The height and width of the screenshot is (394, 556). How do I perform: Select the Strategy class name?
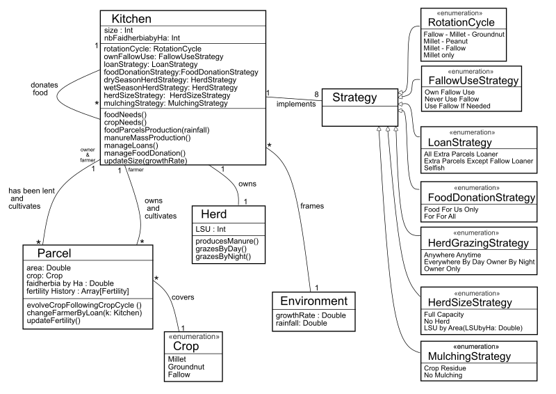click(x=353, y=97)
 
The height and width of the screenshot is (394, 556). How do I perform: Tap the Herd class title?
click(x=219, y=214)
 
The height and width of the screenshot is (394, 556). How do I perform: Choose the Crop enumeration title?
click(x=186, y=346)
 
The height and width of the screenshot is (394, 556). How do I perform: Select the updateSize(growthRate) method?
click(x=145, y=161)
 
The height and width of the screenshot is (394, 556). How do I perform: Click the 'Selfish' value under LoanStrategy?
click(x=436, y=169)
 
